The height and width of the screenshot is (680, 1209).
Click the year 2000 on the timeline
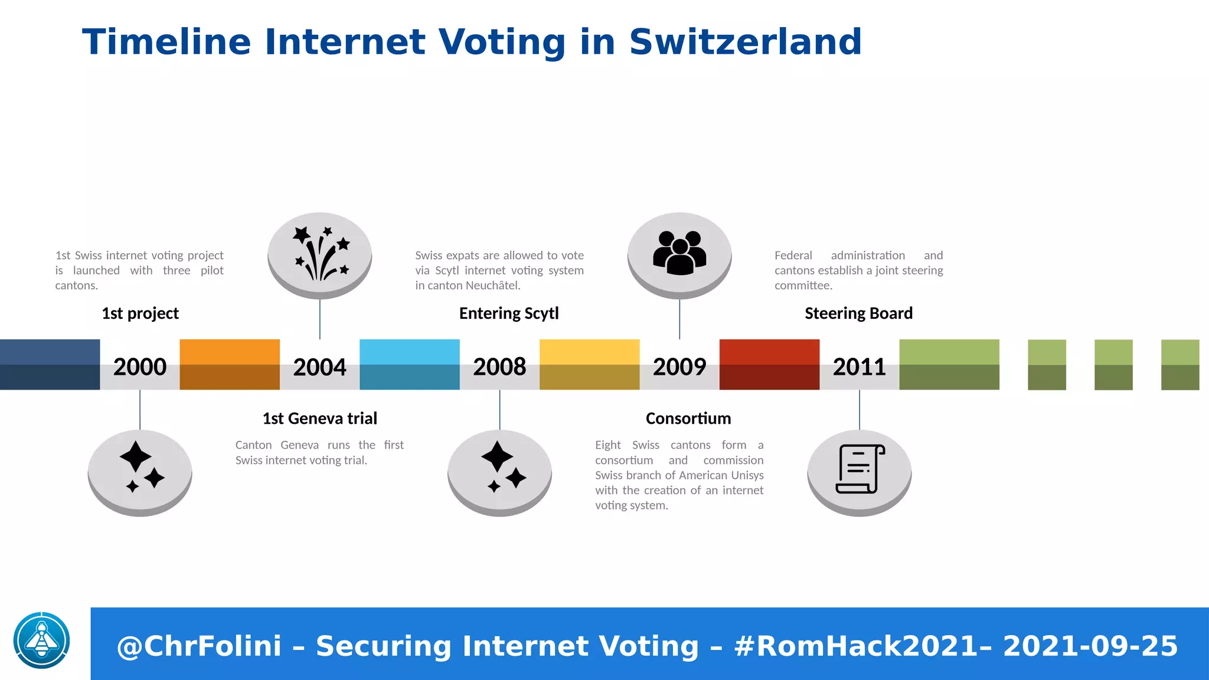click(140, 367)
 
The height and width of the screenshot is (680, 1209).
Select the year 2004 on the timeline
click(319, 367)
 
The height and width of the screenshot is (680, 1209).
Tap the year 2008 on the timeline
click(499, 367)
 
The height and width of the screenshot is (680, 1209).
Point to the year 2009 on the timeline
click(679, 367)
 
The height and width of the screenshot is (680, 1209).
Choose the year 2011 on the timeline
click(859, 367)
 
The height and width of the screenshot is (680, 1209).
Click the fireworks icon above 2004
click(320, 254)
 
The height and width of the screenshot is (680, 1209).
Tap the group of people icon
click(679, 253)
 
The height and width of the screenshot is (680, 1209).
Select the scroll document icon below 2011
click(860, 470)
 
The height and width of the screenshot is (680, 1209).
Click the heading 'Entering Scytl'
click(509, 313)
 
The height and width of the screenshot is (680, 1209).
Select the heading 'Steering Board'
click(858, 313)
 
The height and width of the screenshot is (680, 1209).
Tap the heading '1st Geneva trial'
click(319, 419)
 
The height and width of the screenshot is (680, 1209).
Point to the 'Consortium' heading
click(688, 419)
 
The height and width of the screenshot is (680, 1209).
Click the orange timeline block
click(230, 364)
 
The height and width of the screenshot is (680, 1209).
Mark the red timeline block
click(769, 364)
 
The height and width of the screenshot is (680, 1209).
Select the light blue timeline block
click(410, 364)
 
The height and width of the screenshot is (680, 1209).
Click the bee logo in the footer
click(42, 640)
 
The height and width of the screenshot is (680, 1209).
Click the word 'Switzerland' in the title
click(746, 42)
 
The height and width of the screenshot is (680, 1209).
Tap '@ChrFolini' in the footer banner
click(200, 646)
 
